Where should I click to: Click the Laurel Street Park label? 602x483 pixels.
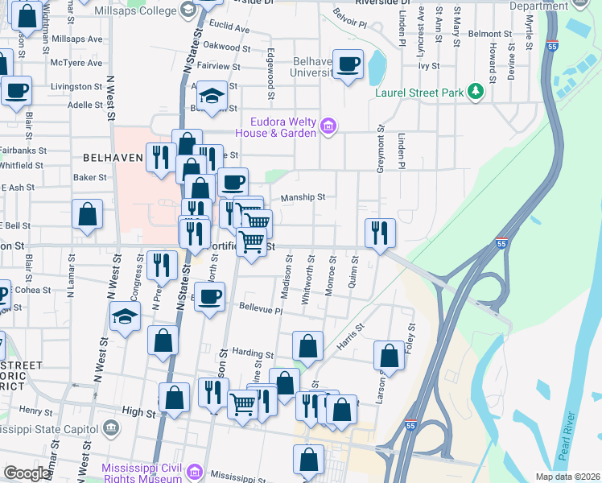(x=419, y=93)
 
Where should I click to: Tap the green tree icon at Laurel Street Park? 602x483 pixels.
(x=476, y=91)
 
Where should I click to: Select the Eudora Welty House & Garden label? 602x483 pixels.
(x=276, y=128)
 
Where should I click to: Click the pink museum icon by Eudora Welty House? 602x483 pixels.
(x=328, y=126)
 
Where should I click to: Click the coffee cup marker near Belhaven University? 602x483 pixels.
(x=348, y=64)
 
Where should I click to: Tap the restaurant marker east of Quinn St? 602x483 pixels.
(x=379, y=233)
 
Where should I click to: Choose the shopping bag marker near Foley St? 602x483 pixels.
(x=389, y=356)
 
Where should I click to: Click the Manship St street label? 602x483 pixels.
(x=303, y=197)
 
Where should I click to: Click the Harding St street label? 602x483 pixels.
(x=253, y=353)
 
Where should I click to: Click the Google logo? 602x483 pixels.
(x=27, y=473)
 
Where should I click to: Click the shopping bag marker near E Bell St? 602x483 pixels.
(x=87, y=214)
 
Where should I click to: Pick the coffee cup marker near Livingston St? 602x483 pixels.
(x=16, y=91)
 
